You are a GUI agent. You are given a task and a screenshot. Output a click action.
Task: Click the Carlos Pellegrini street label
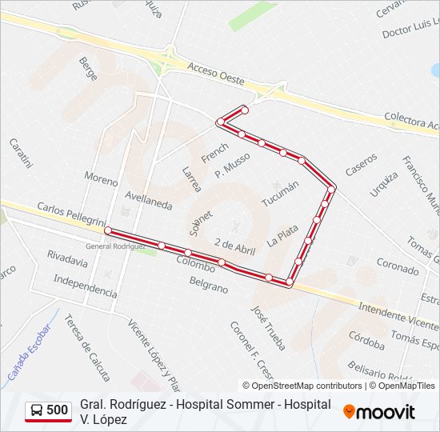pos(70,214)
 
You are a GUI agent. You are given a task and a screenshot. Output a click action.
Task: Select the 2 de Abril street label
pos(235,246)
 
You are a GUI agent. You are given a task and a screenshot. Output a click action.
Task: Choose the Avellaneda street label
pos(149,199)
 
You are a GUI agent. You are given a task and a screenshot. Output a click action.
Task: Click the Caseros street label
pos(361,165)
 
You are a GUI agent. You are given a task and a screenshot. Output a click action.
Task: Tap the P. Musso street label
pos(238,166)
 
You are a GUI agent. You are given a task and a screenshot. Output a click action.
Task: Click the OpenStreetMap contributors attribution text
pos(302,386)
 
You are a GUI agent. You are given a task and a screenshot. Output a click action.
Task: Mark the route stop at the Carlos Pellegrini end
pos(108,230)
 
